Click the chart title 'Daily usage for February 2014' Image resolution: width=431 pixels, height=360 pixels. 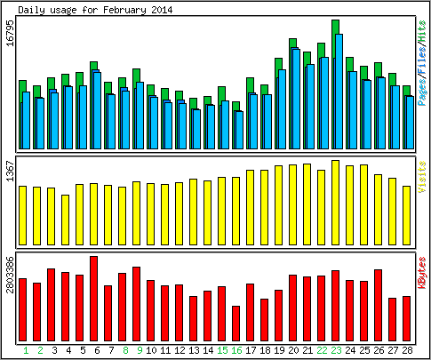(x=95, y=10)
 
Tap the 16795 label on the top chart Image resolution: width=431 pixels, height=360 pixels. (x=11, y=34)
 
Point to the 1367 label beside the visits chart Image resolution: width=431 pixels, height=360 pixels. (x=11, y=172)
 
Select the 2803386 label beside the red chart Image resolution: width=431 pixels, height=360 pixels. (x=11, y=275)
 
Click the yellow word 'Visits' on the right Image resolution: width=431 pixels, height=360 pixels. (x=422, y=177)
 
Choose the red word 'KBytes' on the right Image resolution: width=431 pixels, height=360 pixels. (x=422, y=273)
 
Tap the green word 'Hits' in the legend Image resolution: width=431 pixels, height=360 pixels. (x=422, y=31)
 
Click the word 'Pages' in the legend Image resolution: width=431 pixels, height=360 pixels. (x=422, y=92)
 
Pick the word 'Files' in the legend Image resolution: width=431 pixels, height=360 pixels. (x=422, y=60)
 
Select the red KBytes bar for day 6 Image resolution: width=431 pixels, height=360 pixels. (x=93, y=299)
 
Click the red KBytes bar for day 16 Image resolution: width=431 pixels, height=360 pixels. (x=235, y=324)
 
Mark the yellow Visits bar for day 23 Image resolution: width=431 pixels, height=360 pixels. (x=335, y=203)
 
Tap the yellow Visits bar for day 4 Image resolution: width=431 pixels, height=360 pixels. (x=65, y=220)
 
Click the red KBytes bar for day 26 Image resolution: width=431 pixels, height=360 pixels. (x=378, y=305)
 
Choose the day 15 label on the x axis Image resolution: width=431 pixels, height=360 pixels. (x=222, y=350)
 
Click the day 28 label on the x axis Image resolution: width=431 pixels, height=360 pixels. (x=407, y=350)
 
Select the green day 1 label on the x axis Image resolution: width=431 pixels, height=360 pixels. (x=26, y=350)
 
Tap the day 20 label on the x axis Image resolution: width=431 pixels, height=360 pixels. (x=293, y=350)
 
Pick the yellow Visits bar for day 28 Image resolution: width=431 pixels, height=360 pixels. (x=406, y=216)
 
